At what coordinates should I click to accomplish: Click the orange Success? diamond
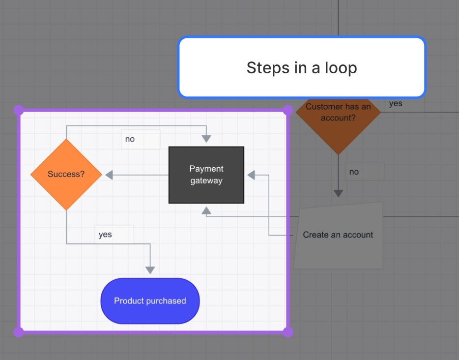(x=66, y=175)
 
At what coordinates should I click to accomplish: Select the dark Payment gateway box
(x=206, y=175)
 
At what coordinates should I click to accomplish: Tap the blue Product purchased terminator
(x=150, y=301)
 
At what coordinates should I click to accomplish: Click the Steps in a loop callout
(x=301, y=67)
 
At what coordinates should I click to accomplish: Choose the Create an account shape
(x=338, y=235)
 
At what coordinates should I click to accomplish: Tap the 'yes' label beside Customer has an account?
(x=396, y=103)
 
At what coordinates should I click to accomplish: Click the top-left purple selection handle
(x=19, y=110)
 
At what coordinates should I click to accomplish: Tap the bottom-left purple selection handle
(x=19, y=332)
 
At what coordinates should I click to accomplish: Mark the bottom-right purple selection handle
(x=288, y=332)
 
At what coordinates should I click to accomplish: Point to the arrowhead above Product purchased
(x=150, y=270)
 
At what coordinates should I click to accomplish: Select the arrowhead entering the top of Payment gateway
(x=206, y=139)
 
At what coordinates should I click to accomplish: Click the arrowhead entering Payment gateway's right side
(x=251, y=175)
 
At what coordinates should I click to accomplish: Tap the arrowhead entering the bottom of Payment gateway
(x=206, y=210)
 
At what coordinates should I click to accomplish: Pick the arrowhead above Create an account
(x=338, y=193)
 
